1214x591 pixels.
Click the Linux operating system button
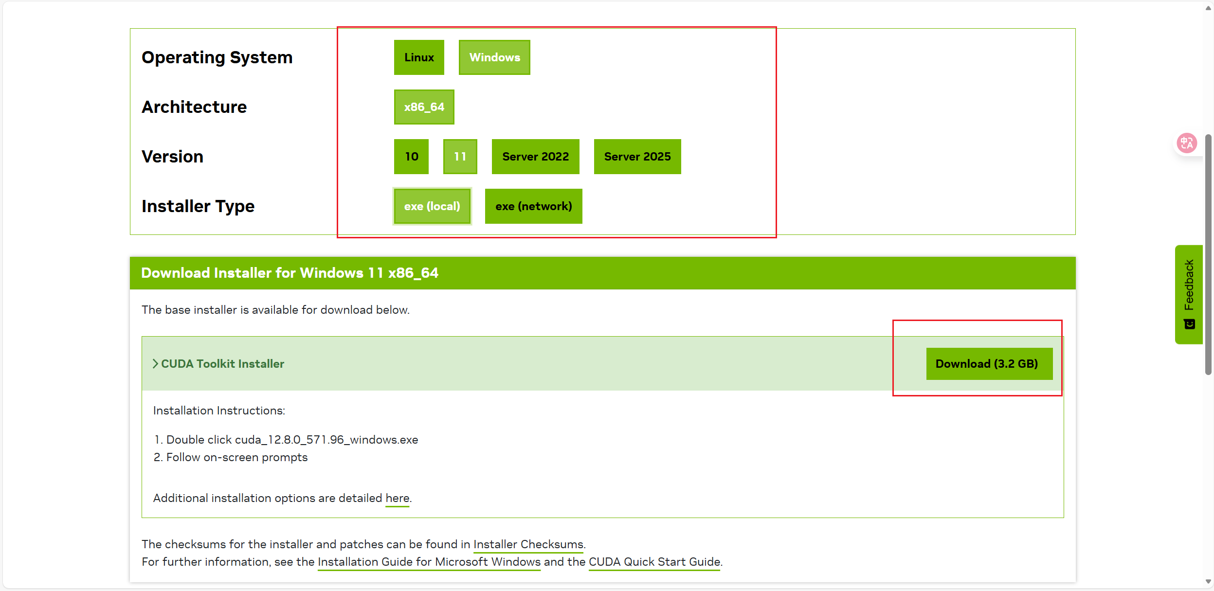[x=419, y=57]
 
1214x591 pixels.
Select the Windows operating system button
[x=494, y=57]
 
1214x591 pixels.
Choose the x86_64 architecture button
[x=424, y=107]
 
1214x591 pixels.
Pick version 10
[x=412, y=157]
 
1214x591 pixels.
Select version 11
[x=460, y=157]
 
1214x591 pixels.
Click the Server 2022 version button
[x=536, y=157]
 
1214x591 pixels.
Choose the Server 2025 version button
[x=637, y=157]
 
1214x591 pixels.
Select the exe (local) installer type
[x=432, y=206]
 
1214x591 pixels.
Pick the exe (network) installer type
[x=534, y=206]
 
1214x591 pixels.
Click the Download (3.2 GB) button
[x=989, y=364]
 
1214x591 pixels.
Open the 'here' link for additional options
[x=398, y=499]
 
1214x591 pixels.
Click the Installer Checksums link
[x=528, y=544]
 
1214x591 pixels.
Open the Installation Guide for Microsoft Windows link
[x=429, y=562]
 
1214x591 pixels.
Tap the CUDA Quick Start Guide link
[x=654, y=562]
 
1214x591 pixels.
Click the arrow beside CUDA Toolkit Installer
[x=155, y=364]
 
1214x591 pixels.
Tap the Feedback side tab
[x=1189, y=295]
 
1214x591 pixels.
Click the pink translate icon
[x=1187, y=143]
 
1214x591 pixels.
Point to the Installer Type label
[x=198, y=206]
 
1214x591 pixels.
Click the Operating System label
[x=217, y=57]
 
